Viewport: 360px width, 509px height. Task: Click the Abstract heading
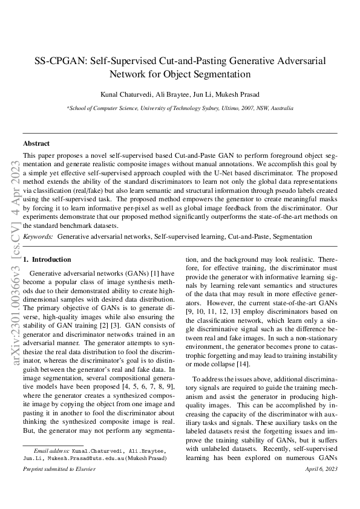(36, 144)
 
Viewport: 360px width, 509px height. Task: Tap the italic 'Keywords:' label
(38, 237)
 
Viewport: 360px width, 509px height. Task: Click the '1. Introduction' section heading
(47, 259)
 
